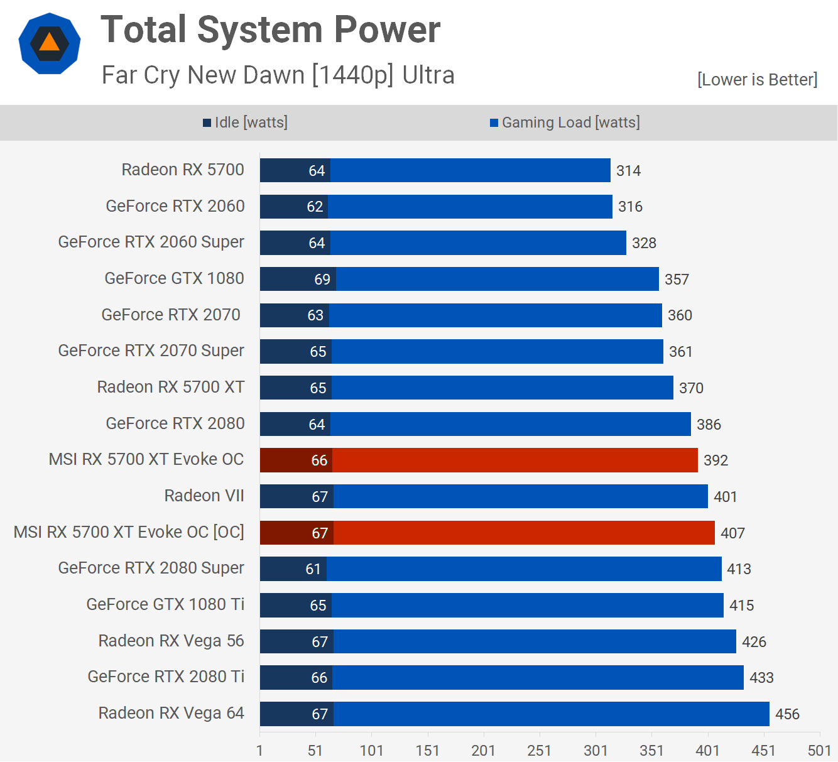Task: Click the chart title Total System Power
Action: [270, 30]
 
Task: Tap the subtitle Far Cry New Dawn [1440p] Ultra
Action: [278, 75]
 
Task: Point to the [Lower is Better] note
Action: [757, 80]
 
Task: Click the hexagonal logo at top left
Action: [50, 43]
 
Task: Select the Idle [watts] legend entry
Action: [245, 122]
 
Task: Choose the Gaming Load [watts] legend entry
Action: [565, 122]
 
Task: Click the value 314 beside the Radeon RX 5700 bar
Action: [628, 171]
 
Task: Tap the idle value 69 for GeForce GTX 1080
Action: [322, 280]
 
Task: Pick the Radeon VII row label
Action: [204, 496]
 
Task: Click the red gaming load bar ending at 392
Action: [515, 460]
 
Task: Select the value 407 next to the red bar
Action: [732, 533]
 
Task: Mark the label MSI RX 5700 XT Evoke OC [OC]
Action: [129, 532]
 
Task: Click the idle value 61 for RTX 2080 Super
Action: [313, 569]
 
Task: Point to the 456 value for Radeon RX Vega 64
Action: [787, 714]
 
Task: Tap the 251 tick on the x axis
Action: [539, 751]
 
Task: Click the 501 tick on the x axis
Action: [819, 751]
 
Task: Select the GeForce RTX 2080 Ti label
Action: [166, 677]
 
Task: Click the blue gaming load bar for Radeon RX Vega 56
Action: [534, 641]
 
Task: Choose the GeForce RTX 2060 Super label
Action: [151, 242]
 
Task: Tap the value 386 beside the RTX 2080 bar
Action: [709, 425]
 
